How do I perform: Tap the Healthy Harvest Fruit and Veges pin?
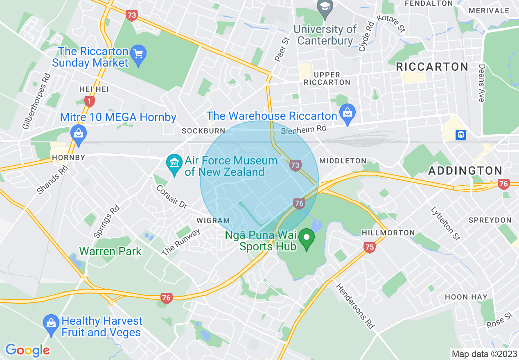click(x=51, y=324)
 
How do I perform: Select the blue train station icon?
click(x=461, y=135)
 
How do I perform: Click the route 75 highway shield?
click(x=369, y=247)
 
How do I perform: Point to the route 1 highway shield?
click(x=89, y=101)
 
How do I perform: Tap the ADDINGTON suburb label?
click(x=465, y=171)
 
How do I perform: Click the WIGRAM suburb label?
click(x=213, y=220)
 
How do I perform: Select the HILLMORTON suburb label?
click(x=388, y=233)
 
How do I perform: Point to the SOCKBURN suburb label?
click(x=203, y=131)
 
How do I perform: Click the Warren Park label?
click(x=110, y=251)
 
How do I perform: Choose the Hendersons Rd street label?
click(x=355, y=306)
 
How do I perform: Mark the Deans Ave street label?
click(x=482, y=83)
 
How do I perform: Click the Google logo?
click(x=27, y=350)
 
